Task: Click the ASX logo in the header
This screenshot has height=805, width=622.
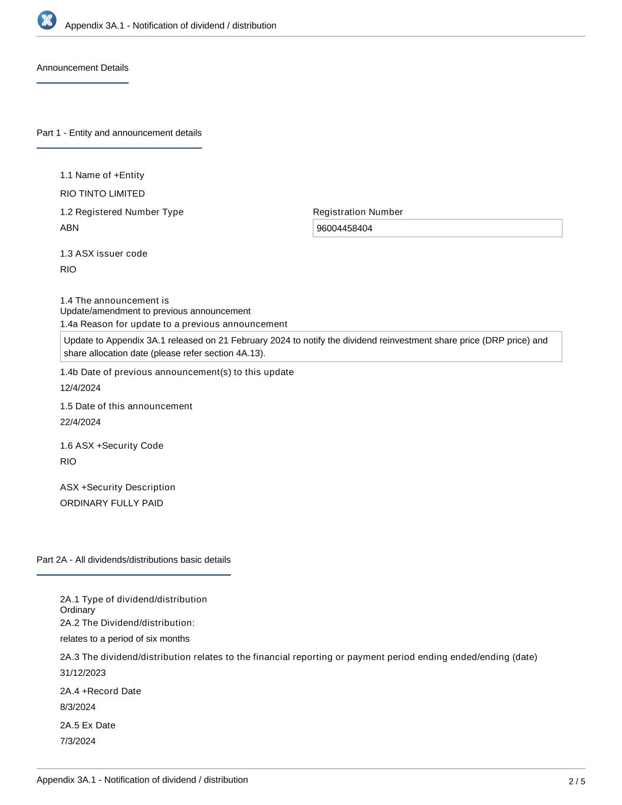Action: click(47, 21)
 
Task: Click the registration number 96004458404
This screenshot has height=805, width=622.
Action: click(344, 229)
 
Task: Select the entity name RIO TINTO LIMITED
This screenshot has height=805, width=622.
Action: click(103, 193)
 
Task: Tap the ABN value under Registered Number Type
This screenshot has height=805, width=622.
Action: click(70, 228)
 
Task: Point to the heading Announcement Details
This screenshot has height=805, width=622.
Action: click(83, 68)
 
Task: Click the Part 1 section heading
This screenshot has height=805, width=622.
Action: click(119, 133)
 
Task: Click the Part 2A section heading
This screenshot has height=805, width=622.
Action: click(133, 560)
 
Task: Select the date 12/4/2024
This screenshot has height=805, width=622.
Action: click(80, 388)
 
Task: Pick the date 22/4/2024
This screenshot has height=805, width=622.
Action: click(80, 422)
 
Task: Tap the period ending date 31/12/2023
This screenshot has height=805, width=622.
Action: click(83, 673)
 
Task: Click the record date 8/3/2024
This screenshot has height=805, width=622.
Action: click(78, 707)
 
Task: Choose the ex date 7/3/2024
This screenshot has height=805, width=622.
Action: click(78, 741)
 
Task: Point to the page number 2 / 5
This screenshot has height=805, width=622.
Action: click(577, 781)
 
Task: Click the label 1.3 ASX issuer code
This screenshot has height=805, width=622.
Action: click(104, 254)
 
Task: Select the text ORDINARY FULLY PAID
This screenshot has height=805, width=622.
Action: click(111, 503)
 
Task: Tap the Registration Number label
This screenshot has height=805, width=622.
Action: click(358, 212)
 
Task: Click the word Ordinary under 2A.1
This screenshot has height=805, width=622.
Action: click(77, 610)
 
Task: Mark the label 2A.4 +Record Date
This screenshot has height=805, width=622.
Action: click(100, 691)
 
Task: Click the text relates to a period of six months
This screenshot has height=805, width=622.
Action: click(125, 639)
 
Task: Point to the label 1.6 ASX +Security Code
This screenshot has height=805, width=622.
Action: click(111, 446)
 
